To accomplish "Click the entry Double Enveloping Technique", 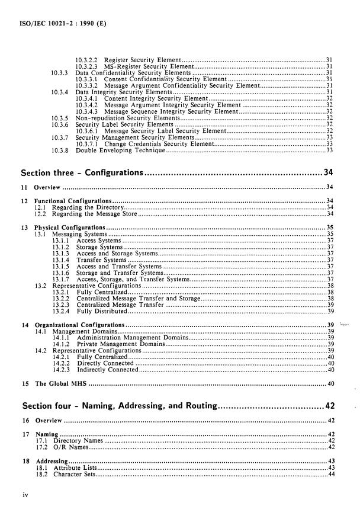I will click(x=120, y=152).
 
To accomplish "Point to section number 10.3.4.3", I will click(x=88, y=111).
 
